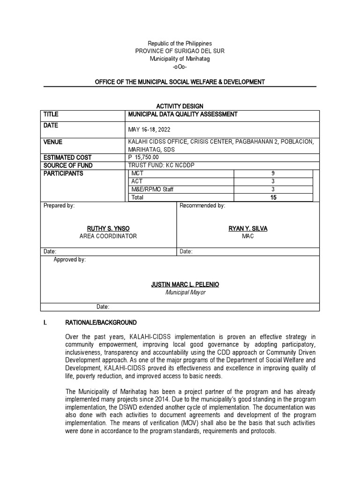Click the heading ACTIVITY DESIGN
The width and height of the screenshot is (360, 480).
click(x=180, y=106)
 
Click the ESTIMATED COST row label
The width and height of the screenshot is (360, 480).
click(x=67, y=157)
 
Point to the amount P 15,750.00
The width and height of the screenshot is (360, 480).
click(x=143, y=157)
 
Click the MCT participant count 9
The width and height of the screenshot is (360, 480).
click(x=273, y=173)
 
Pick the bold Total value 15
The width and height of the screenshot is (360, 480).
click(x=273, y=198)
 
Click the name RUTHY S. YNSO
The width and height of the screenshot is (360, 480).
click(x=108, y=228)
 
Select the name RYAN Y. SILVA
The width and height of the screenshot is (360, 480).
click(x=247, y=228)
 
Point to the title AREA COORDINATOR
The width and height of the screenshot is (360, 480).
click(x=108, y=236)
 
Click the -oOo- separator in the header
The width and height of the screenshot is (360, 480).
click(x=180, y=67)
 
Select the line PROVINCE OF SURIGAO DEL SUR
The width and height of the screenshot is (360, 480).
click(x=180, y=51)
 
